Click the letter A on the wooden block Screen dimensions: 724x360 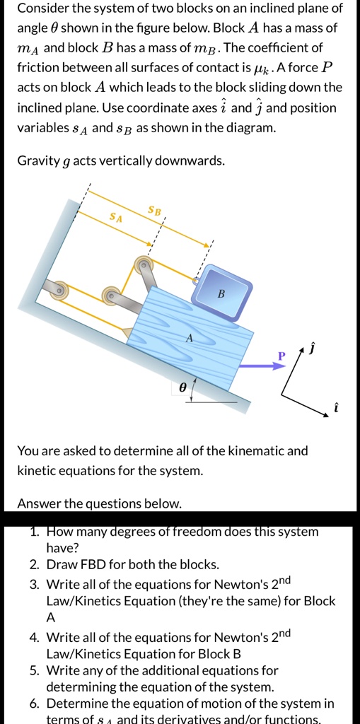click(x=189, y=339)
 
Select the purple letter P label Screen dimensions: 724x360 click(x=281, y=355)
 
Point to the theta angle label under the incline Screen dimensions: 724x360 click(x=183, y=387)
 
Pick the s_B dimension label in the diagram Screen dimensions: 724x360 click(x=154, y=210)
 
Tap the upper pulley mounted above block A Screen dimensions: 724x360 click(x=145, y=263)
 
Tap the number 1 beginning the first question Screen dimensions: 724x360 click(x=34, y=532)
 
